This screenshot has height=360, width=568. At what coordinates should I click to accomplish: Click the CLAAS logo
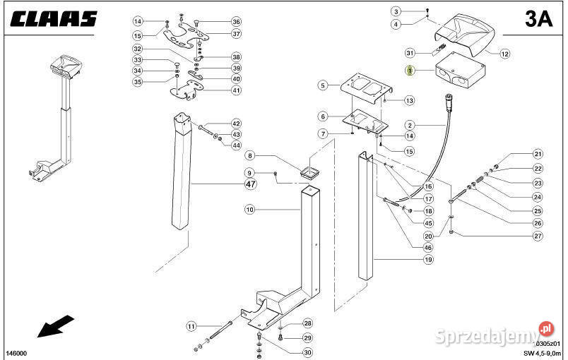click(54, 19)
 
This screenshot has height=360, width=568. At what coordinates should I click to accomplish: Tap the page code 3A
click(538, 19)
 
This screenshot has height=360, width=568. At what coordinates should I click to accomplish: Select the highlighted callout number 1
click(409, 71)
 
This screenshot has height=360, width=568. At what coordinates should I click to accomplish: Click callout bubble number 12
click(504, 54)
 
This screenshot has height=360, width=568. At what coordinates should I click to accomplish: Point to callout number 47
click(250, 184)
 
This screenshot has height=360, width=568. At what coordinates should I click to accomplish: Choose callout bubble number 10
click(249, 210)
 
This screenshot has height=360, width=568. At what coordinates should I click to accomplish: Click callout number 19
click(427, 260)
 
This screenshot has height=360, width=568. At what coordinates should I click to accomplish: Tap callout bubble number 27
click(538, 236)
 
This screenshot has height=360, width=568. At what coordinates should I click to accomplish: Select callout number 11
click(191, 326)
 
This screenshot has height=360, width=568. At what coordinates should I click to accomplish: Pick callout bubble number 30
click(307, 352)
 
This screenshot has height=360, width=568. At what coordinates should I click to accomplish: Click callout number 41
click(236, 90)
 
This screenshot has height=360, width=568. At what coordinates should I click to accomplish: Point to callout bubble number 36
click(236, 21)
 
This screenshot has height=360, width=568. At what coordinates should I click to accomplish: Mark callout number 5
click(323, 85)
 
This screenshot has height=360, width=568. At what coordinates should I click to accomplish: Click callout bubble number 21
click(538, 155)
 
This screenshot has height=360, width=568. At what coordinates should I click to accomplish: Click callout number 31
click(409, 53)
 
